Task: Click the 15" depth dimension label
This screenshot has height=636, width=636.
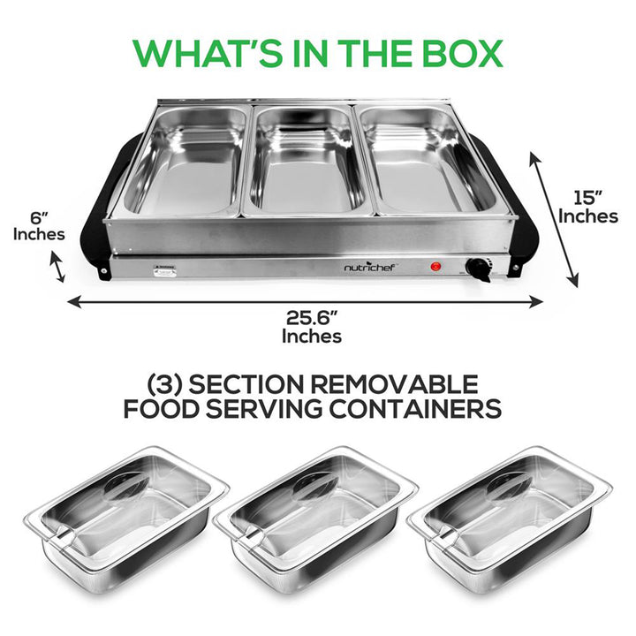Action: click(587, 205)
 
